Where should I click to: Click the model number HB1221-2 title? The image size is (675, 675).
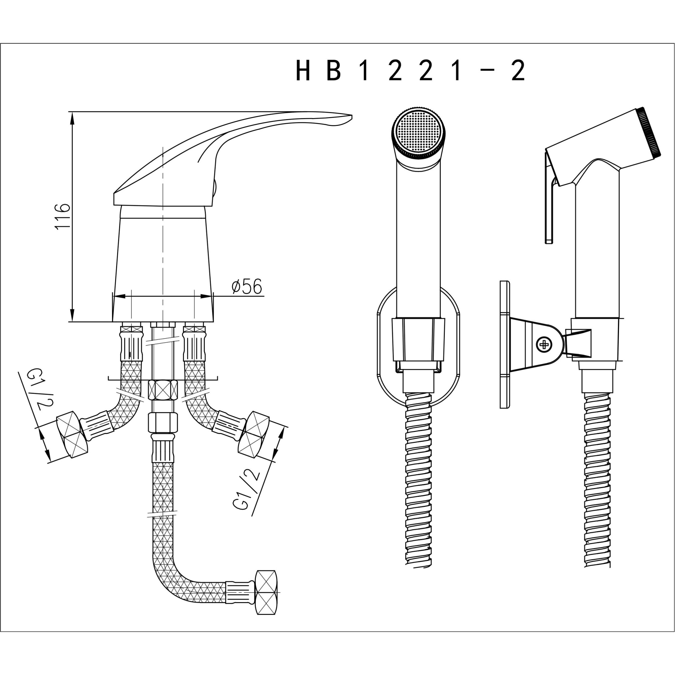coord(410,70)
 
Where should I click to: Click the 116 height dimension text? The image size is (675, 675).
coord(63,216)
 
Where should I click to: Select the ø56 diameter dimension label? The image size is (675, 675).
coord(247,287)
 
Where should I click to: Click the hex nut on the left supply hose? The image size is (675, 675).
coord(72,434)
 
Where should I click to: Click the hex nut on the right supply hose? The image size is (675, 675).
coord(254,434)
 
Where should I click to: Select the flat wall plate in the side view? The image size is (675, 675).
coord(505,344)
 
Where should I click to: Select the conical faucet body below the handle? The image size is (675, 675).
coord(162,266)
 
